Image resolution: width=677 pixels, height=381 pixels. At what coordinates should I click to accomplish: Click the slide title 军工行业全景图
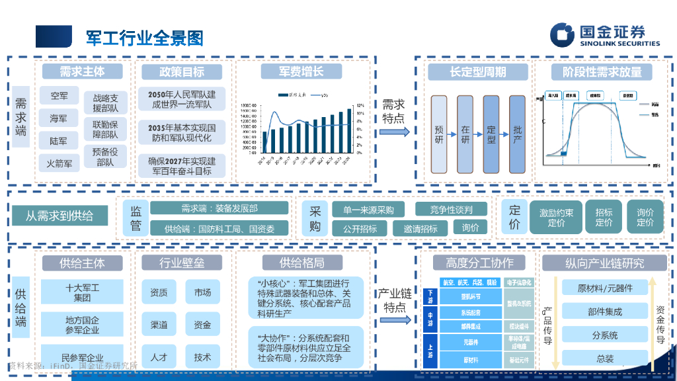coord(144,38)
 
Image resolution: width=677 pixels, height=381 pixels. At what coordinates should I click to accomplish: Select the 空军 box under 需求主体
coord(59,96)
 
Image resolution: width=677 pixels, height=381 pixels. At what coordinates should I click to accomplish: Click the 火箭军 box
coord(59,162)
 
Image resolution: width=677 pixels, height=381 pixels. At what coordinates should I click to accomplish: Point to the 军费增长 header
coord(300,71)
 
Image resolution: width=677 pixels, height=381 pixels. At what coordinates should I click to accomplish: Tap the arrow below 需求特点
coord(394,132)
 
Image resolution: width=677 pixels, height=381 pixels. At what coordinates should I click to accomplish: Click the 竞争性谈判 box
coord(451,210)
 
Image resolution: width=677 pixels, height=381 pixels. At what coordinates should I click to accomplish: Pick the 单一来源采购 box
coord(368,210)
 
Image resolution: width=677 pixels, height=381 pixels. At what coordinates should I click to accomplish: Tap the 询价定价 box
coord(645,217)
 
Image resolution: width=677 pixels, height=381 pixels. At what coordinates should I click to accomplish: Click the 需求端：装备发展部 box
coord(219,208)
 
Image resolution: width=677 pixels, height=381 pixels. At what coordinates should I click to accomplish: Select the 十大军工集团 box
coord(82,292)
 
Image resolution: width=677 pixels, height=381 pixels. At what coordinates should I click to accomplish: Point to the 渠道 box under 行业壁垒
coord(159,325)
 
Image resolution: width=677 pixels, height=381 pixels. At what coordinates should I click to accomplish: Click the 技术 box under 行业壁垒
coord(202,357)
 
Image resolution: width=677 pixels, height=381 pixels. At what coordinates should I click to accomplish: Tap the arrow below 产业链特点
coord(394,319)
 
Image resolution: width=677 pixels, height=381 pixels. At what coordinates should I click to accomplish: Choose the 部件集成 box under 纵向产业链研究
coord(604,312)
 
